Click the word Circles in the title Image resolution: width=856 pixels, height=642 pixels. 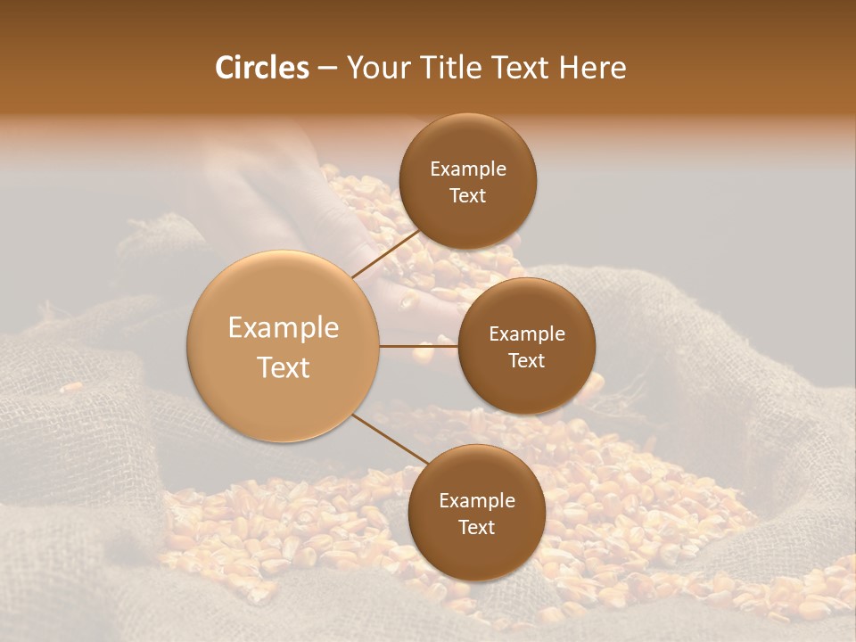(261, 68)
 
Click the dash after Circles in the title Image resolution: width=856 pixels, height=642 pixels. (326, 69)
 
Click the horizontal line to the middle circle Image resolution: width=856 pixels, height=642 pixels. (419, 346)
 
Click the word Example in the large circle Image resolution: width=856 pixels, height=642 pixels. (284, 328)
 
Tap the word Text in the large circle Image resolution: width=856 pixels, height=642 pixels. (284, 367)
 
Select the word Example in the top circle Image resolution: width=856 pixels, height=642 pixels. (468, 169)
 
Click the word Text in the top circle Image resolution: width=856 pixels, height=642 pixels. (468, 195)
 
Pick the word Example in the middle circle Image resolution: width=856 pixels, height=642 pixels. (527, 334)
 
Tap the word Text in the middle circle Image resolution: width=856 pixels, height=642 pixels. (527, 360)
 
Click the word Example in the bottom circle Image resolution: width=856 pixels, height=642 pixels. (477, 501)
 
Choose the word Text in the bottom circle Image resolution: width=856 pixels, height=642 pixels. (477, 527)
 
